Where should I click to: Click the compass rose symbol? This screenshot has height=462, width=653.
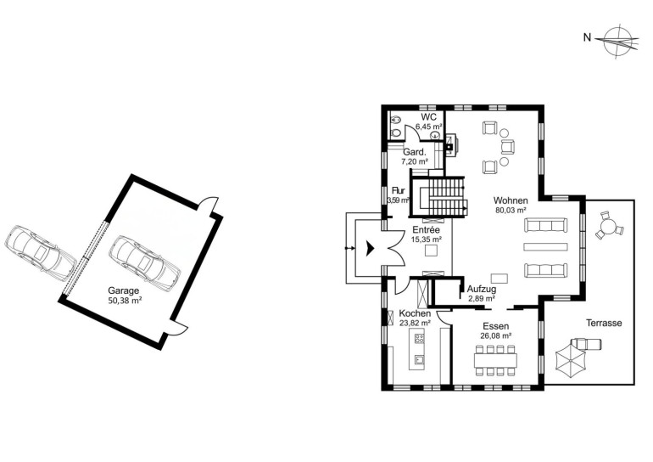617,42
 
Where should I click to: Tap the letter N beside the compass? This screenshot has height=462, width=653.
587,38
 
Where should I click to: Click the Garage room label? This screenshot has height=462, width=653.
123,290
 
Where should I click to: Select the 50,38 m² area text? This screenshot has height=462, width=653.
125,301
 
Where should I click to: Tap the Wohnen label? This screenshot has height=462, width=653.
511,200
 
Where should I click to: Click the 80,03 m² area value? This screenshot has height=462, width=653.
511,210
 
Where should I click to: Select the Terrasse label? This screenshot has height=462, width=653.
604,323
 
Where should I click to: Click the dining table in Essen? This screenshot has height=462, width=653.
495,359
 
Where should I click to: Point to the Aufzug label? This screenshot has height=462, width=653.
482,289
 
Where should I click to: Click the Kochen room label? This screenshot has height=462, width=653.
415,313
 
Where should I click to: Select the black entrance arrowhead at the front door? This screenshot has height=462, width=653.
370,249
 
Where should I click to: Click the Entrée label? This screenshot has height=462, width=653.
426,230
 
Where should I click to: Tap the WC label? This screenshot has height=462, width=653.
428,116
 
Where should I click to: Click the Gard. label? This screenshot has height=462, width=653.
415,152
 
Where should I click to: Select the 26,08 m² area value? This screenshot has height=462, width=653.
495,335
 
